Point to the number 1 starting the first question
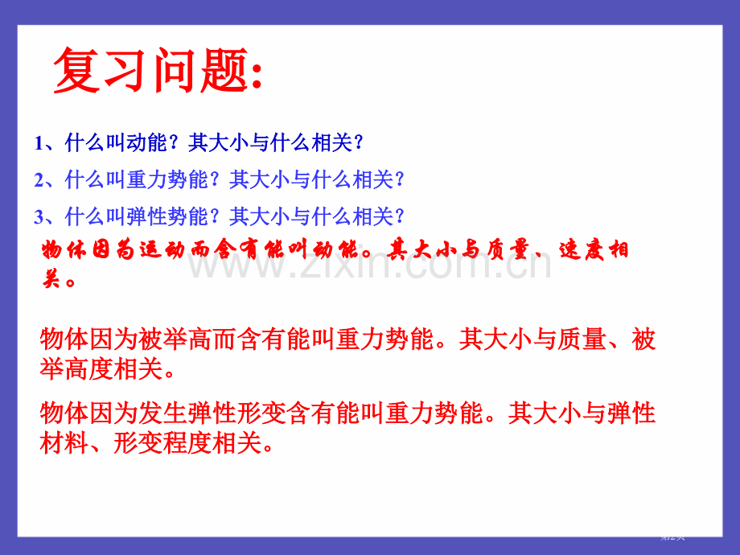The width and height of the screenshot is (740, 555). coord(39,144)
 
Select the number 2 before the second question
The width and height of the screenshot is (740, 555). coord(39,180)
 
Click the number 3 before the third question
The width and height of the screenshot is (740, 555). coord(39,216)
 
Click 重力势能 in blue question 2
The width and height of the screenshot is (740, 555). coord(167,180)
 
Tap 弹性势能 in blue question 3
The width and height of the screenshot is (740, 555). coord(167,216)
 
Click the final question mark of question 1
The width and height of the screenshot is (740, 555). coord(359,144)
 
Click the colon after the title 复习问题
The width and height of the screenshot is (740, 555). coord(256,76)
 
